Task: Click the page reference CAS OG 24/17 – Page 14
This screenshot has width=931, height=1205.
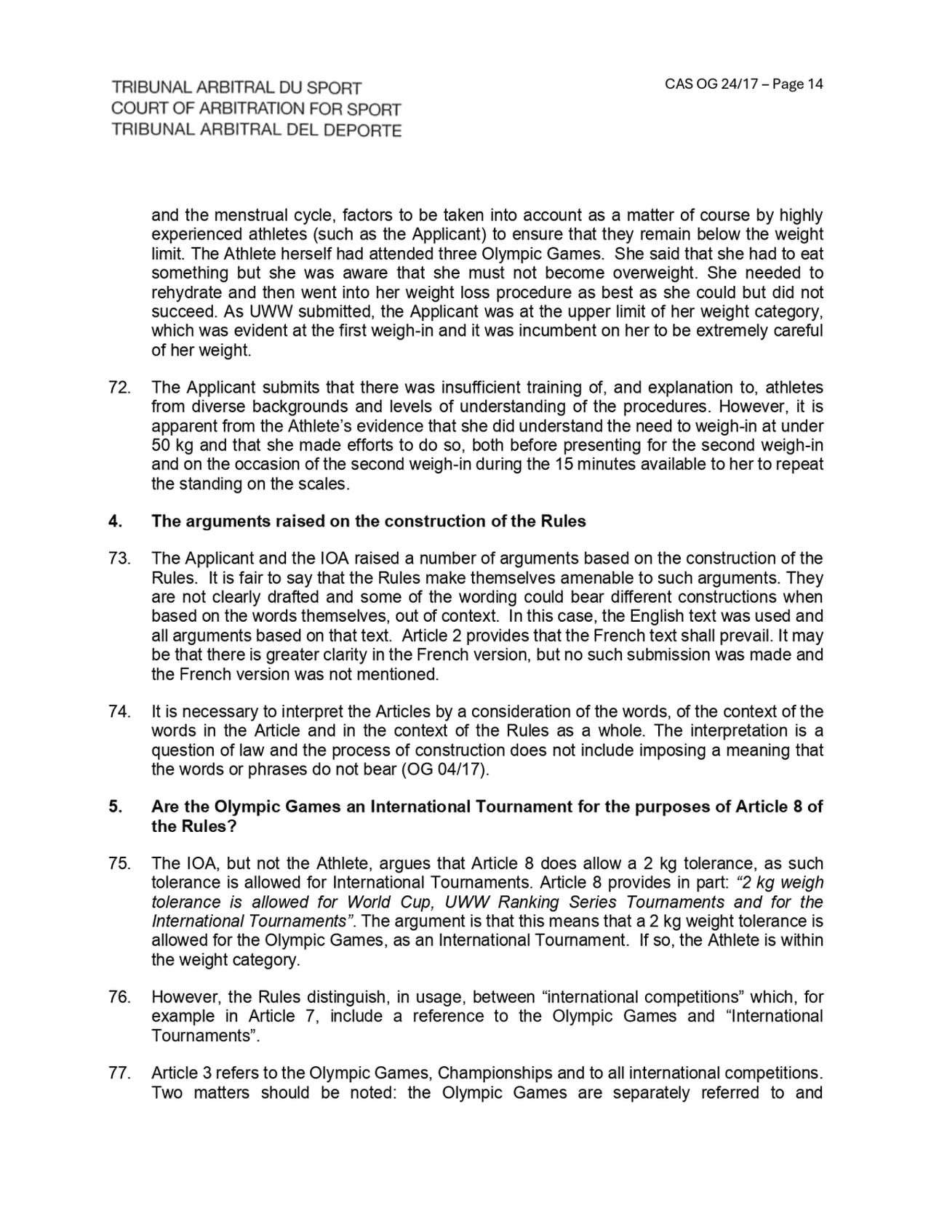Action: point(743,84)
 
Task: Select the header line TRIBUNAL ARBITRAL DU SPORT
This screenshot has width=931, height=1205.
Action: point(236,88)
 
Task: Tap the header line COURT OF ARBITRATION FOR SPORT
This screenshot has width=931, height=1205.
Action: point(256,109)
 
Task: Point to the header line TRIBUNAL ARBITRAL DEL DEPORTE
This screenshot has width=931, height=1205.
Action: point(256,130)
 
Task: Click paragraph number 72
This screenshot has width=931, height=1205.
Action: point(119,388)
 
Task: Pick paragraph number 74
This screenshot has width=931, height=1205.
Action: point(119,712)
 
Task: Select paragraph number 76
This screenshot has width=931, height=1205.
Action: point(119,997)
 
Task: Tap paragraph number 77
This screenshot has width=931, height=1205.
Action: point(119,1073)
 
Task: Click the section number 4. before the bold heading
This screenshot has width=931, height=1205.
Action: point(115,521)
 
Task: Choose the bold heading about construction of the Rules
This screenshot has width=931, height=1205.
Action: point(368,521)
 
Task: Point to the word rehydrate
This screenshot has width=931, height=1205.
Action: point(185,292)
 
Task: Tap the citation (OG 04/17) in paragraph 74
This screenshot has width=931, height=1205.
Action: point(444,769)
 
